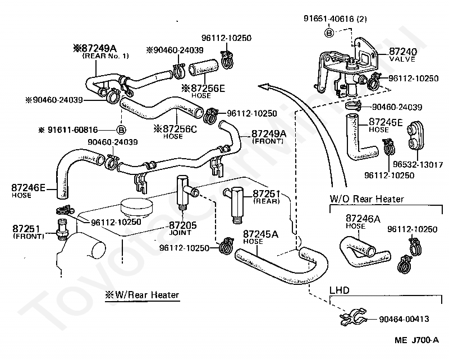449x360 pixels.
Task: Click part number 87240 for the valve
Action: coord(403,52)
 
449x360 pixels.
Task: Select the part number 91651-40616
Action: coord(329,19)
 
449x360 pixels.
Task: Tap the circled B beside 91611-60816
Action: coord(121,130)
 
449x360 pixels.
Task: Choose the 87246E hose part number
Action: coord(29,188)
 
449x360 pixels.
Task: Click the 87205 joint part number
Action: coord(183,225)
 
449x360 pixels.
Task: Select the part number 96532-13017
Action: coord(418,164)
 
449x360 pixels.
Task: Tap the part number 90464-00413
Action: coord(404,319)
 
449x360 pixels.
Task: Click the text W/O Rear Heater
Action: coord(366,199)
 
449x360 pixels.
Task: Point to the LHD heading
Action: coord(340,290)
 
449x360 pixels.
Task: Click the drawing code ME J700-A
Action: coord(416,340)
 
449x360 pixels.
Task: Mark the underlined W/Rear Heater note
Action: coord(142,295)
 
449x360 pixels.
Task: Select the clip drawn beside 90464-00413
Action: coord(354,317)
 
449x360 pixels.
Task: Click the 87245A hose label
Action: coord(260,234)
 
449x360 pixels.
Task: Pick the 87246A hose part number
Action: coord(363,219)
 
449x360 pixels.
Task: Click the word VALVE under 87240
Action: coord(402,59)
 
